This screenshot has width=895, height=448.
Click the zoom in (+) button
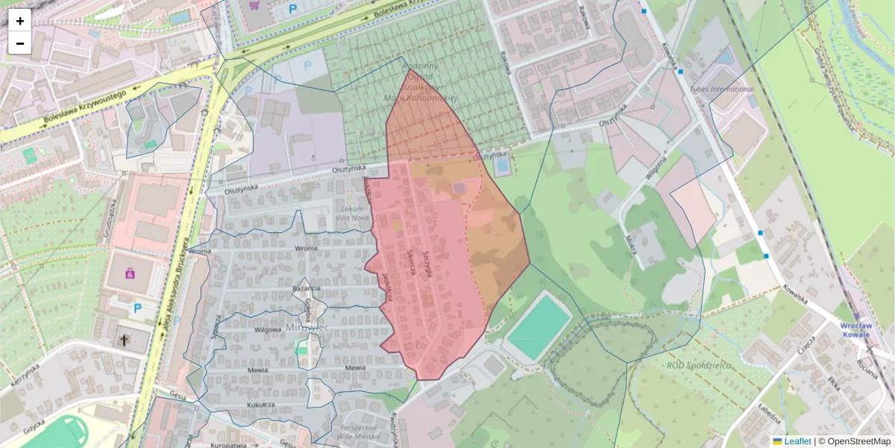[x=20, y=21]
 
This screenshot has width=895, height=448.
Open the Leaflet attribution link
[x=797, y=441]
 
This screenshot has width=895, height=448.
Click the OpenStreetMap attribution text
[x=858, y=441]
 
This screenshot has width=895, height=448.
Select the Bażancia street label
[x=307, y=288]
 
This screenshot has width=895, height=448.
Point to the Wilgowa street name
[x=268, y=329]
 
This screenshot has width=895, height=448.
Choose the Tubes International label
[x=723, y=89]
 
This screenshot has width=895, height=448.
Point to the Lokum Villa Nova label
[x=353, y=212]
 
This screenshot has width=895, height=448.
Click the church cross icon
[x=124, y=340]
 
